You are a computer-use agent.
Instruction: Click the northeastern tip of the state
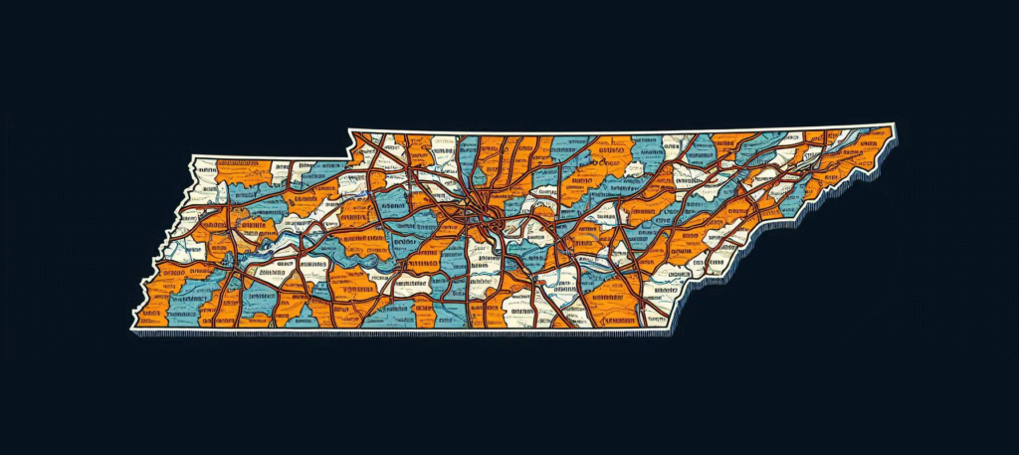coord(893,125)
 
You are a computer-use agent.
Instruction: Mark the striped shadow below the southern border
coord(398,335)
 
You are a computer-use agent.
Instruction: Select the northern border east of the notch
coord(617,133)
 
